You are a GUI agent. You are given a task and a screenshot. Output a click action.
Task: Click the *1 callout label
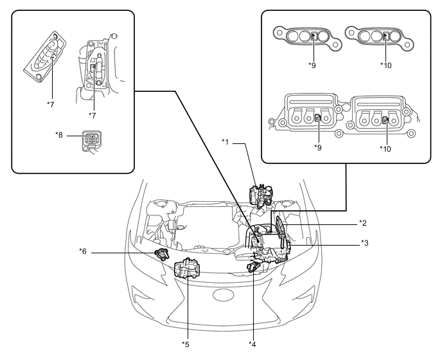pos(225,142)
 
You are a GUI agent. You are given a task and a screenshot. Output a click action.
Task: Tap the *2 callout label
pos(363,223)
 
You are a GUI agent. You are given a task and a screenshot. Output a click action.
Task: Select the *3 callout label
pos(365,242)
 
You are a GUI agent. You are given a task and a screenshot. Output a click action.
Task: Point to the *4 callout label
pos(252,344)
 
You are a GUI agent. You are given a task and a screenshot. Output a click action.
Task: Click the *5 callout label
pos(186,344)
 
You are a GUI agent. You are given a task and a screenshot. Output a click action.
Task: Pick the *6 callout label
pos(83,251)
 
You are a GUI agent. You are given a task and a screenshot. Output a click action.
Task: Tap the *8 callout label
pos(59,135)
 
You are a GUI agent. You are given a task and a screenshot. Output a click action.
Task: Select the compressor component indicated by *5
pos(187,269)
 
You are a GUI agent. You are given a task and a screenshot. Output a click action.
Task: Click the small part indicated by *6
pos(162,254)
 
